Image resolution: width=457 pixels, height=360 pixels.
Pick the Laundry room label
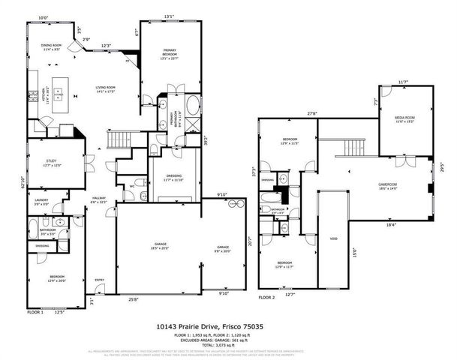43,201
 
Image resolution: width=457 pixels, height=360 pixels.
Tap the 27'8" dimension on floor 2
311,115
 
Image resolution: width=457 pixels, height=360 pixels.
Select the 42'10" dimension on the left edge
23,181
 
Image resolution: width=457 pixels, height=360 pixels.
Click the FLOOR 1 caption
35,311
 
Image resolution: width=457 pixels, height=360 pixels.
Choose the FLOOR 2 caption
267,297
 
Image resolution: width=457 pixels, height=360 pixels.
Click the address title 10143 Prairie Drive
228,326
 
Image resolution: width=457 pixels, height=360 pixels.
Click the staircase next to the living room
120,140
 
